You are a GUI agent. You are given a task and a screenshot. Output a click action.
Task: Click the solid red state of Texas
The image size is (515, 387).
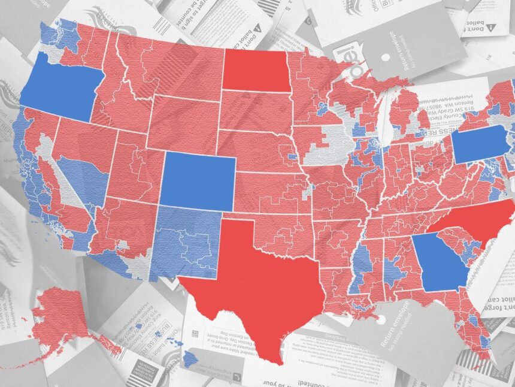tap(257, 282)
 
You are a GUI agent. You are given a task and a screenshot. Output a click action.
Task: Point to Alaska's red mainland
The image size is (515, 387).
tap(60, 312)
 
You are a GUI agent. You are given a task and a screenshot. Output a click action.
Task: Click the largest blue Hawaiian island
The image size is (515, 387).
tap(190, 359)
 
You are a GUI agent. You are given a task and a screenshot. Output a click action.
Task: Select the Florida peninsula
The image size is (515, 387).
tap(479, 335)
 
